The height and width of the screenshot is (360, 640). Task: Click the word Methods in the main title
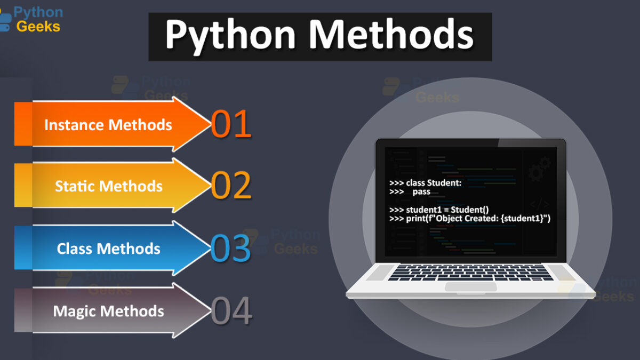[391, 34]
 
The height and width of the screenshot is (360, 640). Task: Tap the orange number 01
[231, 124]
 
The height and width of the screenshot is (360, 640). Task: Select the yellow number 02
[231, 185]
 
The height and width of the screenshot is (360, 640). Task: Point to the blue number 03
[231, 248]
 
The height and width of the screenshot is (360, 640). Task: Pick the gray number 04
[231, 310]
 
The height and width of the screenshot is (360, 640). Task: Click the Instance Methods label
[108, 125]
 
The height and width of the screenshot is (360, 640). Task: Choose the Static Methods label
[109, 186]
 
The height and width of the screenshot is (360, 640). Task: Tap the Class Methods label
[108, 249]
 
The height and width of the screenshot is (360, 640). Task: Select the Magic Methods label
[108, 311]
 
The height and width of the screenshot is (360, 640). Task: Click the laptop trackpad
[471, 286]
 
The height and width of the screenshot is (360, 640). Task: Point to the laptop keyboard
[470, 273]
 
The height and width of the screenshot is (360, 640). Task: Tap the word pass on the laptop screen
[421, 191]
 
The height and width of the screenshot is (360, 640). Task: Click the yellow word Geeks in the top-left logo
[38, 27]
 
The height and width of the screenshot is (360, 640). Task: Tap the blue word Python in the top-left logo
[38, 12]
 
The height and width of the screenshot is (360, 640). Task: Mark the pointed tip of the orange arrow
[211, 124]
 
